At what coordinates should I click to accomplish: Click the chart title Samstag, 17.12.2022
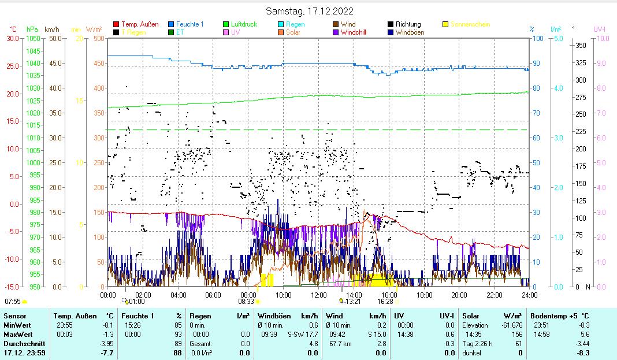310,11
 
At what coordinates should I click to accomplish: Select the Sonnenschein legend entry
470,24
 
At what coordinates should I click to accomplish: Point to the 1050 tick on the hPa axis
34,38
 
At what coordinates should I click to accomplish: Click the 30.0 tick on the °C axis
12,38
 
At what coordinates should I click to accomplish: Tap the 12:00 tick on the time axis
319,295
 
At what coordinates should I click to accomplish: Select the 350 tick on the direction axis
581,45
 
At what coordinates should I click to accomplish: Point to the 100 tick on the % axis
537,38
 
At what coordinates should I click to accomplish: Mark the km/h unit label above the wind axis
51,29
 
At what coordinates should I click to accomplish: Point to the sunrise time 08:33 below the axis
246,301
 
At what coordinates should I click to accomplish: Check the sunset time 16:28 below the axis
385,301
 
